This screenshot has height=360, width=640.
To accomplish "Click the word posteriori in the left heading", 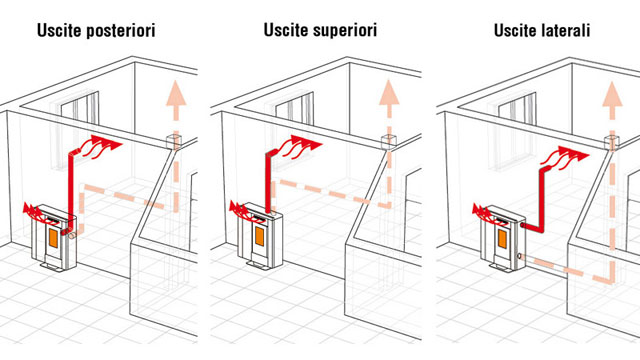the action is tap(120, 31).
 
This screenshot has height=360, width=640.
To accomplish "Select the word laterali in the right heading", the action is tap(565, 30).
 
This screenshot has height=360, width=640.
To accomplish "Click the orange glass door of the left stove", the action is tap(53, 238).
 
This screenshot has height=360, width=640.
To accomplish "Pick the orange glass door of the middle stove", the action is tap(260, 236).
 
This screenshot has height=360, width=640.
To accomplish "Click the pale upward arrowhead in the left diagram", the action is tap(176, 93).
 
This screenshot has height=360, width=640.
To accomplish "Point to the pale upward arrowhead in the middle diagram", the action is tap(389, 92).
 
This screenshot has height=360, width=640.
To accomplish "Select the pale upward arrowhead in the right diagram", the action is tap(612, 93).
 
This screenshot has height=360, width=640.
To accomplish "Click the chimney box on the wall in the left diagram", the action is tap(173, 141).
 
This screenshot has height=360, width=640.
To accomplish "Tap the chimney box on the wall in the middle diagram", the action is tap(389, 141).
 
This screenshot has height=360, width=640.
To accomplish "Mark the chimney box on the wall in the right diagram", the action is tap(611, 142).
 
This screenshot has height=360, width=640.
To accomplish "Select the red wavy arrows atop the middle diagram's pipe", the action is tap(301, 146).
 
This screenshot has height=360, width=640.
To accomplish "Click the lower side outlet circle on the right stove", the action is tap(519, 256).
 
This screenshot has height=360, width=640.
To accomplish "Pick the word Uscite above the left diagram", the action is tap(59, 31).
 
